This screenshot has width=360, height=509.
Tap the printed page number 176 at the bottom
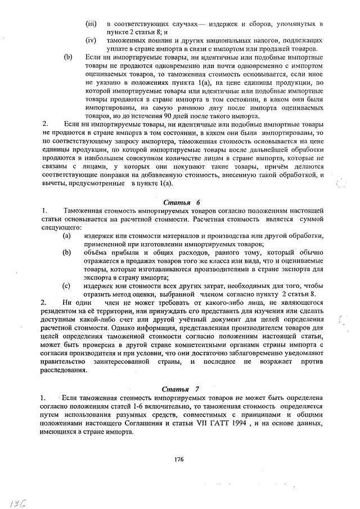tap(179, 460)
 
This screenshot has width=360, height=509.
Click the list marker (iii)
tap(91, 24)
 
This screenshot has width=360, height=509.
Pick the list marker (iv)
tap(91, 40)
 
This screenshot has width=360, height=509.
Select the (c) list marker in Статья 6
tap(66, 286)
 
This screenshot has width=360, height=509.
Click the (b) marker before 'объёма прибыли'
tap(66, 253)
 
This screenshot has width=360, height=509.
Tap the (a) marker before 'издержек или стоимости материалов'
tap(66, 236)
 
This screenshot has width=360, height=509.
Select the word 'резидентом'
tap(61, 312)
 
